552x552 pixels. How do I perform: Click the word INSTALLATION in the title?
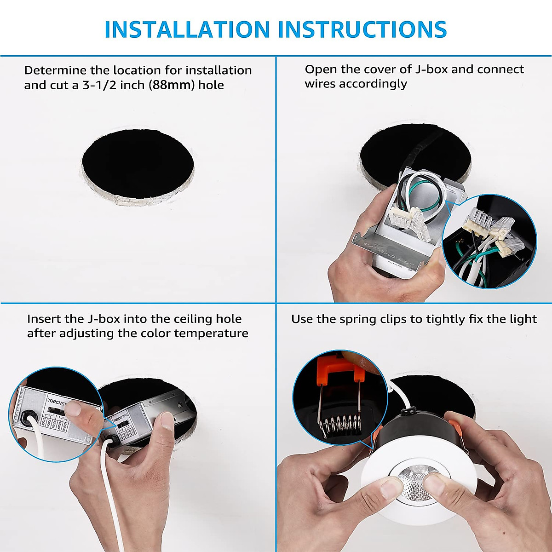(x=187, y=29)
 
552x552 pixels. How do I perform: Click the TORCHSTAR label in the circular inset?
(x=58, y=401)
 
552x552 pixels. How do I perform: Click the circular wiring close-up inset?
(x=489, y=241)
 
